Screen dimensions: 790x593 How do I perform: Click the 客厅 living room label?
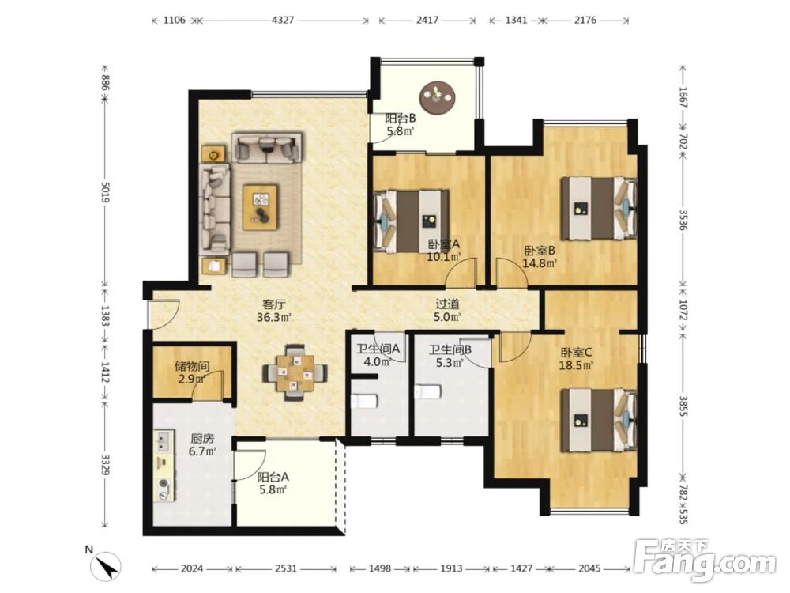point(275,304)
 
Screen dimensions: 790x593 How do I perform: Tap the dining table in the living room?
point(295,372)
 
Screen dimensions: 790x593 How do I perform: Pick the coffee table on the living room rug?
point(260,207)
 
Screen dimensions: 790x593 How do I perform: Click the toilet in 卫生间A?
point(363,402)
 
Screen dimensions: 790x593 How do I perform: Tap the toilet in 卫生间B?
point(427,392)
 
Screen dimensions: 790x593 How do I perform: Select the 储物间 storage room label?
point(192,367)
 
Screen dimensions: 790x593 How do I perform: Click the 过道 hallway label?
point(447,304)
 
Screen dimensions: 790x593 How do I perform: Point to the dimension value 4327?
point(283,21)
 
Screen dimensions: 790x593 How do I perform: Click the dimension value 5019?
point(106,192)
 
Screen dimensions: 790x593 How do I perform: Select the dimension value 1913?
point(451,568)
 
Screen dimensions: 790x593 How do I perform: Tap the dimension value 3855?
point(683,406)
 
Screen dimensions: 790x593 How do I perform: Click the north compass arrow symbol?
point(107,566)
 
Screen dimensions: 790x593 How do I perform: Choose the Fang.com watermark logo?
point(705,559)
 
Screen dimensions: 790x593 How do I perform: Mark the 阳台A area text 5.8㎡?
point(273,489)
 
